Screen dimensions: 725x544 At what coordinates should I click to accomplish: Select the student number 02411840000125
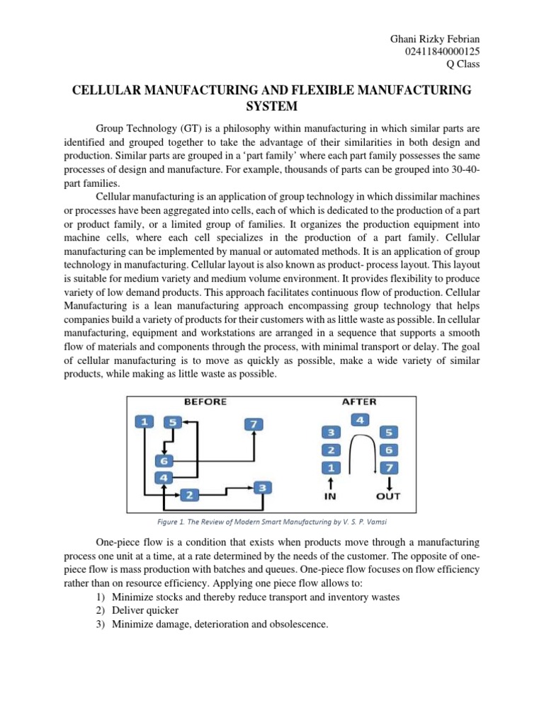pos(440,51)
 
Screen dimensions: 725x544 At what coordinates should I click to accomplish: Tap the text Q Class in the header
pos(463,64)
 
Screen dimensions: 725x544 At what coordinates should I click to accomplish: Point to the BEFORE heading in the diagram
pos(205,401)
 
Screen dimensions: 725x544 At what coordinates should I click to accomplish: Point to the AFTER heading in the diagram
pos(359,401)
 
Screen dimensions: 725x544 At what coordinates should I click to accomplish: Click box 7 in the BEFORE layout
pos(254,424)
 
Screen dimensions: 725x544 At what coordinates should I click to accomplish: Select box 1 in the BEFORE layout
pos(144,422)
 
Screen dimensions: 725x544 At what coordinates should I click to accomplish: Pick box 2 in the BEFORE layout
pos(188,495)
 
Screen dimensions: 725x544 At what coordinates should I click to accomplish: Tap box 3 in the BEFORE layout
pos(262,487)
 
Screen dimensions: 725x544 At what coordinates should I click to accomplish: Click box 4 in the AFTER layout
pos(360,420)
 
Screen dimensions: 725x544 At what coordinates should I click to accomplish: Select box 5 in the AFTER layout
pos(390,432)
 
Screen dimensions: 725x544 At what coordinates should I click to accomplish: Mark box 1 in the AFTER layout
pos(329,467)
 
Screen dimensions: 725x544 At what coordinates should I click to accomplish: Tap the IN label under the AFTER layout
pos(330,496)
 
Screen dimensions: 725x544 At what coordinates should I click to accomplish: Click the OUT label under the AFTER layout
pos(388,496)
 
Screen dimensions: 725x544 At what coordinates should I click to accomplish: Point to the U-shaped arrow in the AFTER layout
pos(360,453)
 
